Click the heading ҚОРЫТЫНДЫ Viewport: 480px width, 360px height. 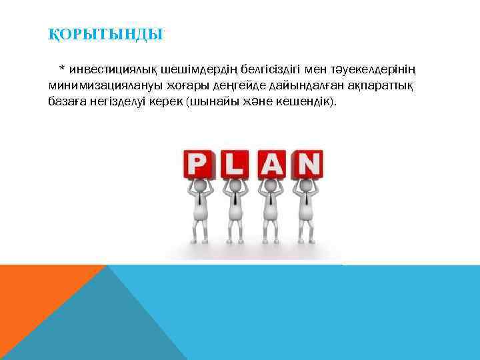pyautogui.click(x=105, y=33)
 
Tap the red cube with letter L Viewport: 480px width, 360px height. pyautogui.click(x=234, y=164)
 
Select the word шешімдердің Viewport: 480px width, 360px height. pyautogui.click(x=189, y=70)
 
